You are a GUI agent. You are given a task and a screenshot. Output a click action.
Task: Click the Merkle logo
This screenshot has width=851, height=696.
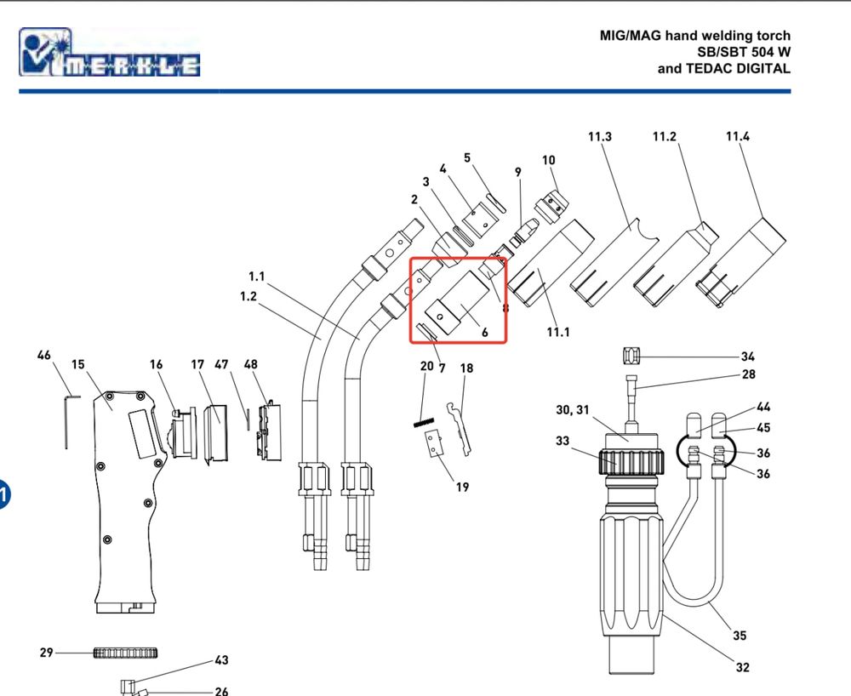pyautogui.click(x=109, y=52)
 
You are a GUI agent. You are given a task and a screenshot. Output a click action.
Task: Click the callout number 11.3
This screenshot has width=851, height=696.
pyautogui.click(x=600, y=137)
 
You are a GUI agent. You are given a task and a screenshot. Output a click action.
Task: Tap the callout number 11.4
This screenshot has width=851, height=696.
pyautogui.click(x=738, y=137)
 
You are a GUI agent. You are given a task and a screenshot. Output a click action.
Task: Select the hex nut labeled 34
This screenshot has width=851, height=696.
pyautogui.click(x=631, y=356)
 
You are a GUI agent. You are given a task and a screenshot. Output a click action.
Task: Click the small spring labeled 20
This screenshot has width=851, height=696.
pyautogui.click(x=424, y=422)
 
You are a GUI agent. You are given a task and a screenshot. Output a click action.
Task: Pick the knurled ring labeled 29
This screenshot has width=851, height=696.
pyautogui.click(x=125, y=653)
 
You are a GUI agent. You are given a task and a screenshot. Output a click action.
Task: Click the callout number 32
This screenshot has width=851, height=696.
pyautogui.click(x=742, y=667)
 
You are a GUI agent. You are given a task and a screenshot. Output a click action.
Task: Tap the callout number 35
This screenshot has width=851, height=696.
pyautogui.click(x=740, y=636)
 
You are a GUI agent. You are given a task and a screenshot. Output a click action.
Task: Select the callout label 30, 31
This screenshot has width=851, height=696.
pyautogui.click(x=573, y=410)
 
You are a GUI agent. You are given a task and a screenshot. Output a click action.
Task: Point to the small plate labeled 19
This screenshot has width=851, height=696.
pyautogui.click(x=434, y=444)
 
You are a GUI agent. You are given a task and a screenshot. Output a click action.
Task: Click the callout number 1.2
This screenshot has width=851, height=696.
pyautogui.click(x=248, y=297)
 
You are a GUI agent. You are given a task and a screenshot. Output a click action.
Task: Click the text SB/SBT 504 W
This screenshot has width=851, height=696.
pyautogui.click(x=744, y=52)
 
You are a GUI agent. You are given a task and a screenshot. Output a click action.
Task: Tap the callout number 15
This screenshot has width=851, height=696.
pyautogui.click(x=78, y=364)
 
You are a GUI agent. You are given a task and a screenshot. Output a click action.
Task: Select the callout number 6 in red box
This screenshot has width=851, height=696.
pyautogui.click(x=485, y=333)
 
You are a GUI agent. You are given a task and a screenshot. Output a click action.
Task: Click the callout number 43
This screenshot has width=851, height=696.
pyautogui.click(x=221, y=660)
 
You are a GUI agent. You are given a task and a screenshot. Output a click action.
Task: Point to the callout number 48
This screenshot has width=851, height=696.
pyautogui.click(x=250, y=364)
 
